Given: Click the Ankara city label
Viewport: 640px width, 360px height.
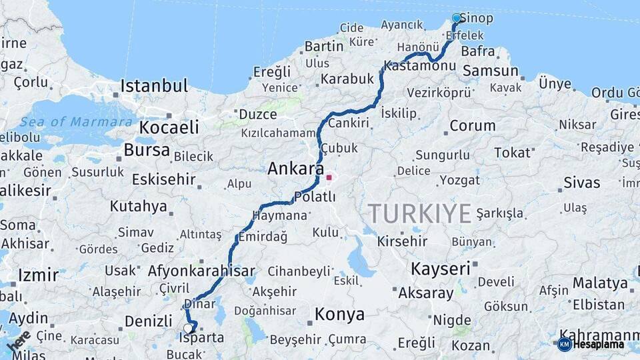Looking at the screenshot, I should pyautogui.click(x=295, y=169).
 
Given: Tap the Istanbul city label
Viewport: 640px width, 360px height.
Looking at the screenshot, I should pyautogui.click(x=154, y=86).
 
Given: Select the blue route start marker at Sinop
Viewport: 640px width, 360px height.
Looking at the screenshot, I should pyautogui.click(x=457, y=18).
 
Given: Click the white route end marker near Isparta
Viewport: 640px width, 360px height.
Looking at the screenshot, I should pyautogui.click(x=188, y=327).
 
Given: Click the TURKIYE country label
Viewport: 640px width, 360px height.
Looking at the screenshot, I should pyautogui.click(x=420, y=214).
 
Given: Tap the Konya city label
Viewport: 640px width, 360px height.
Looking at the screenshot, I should pyautogui.click(x=339, y=314).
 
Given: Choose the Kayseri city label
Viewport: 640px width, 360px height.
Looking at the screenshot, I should pyautogui.click(x=440, y=269).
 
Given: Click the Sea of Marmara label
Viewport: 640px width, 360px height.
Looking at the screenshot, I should pyautogui.click(x=76, y=122).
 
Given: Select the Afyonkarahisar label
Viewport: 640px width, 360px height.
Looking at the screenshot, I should pyautogui.click(x=201, y=271).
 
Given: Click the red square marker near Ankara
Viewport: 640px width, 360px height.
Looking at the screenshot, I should pyautogui.click(x=329, y=178).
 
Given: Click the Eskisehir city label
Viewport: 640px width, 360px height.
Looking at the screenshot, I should pyautogui.click(x=163, y=179).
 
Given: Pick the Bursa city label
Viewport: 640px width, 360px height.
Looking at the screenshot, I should pyautogui.click(x=147, y=150).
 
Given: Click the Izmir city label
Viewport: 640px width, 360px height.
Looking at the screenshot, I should pyautogui.click(x=38, y=275).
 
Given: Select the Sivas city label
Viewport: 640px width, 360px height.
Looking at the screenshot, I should pyautogui.click(x=581, y=183).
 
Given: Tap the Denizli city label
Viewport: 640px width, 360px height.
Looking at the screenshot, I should pyautogui.click(x=149, y=321).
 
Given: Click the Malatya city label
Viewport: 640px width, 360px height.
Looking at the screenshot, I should pyautogui.click(x=600, y=283).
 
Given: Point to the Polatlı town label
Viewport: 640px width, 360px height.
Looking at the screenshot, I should pyautogui.click(x=315, y=197).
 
